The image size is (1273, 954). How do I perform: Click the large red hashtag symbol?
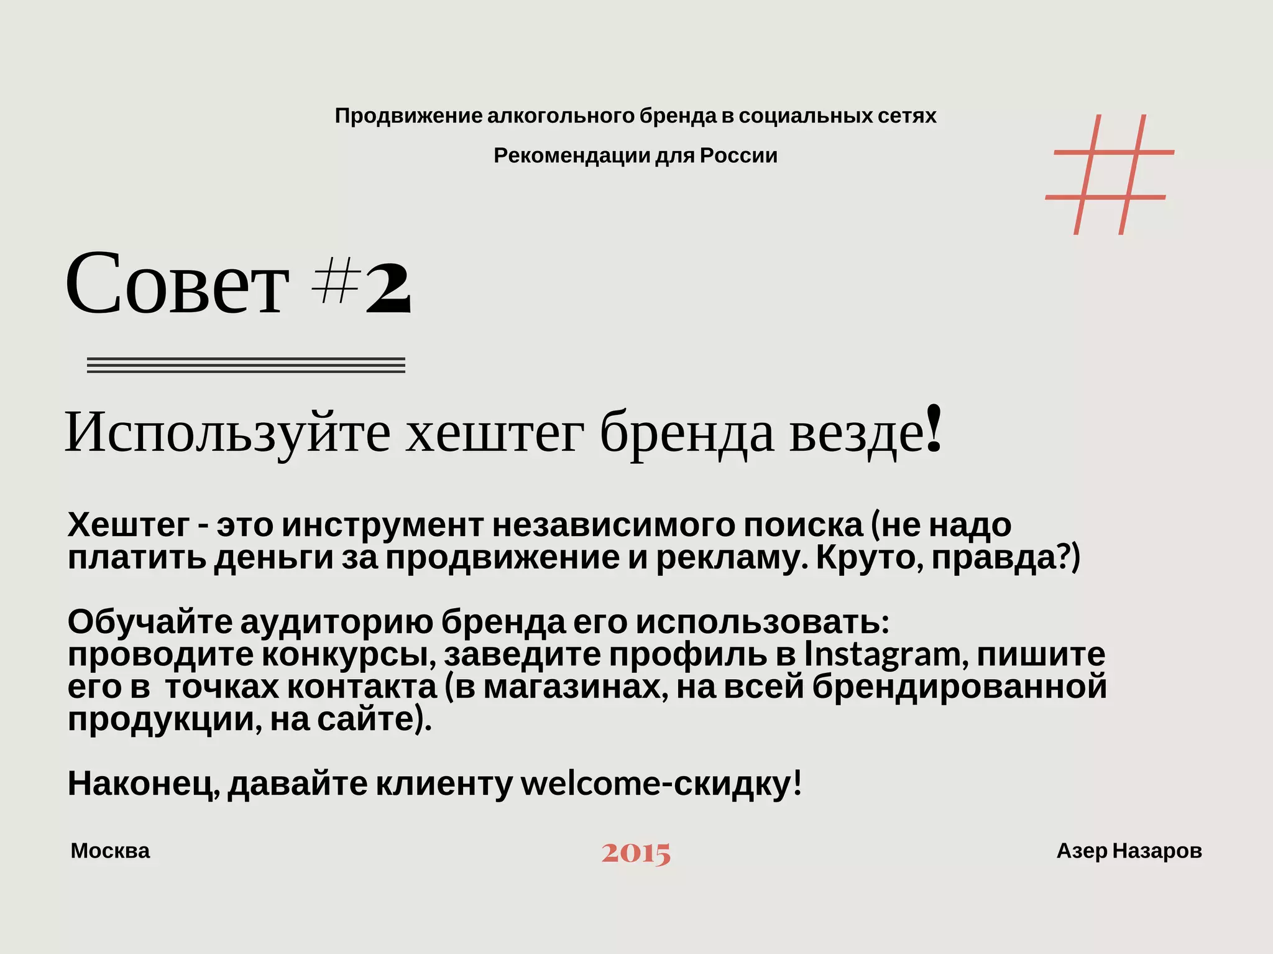click(x=1110, y=175)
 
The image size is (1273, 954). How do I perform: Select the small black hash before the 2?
click(x=336, y=280)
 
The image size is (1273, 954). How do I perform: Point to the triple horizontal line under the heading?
click(x=246, y=365)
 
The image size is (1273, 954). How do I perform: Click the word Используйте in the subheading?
click(x=227, y=432)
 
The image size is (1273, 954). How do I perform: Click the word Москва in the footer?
click(x=110, y=851)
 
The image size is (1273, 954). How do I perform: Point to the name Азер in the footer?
click(x=1082, y=851)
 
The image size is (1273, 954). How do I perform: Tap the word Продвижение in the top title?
click(x=408, y=116)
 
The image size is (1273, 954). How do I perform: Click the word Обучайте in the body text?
click(x=150, y=621)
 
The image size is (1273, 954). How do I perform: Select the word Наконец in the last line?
click(x=142, y=784)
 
